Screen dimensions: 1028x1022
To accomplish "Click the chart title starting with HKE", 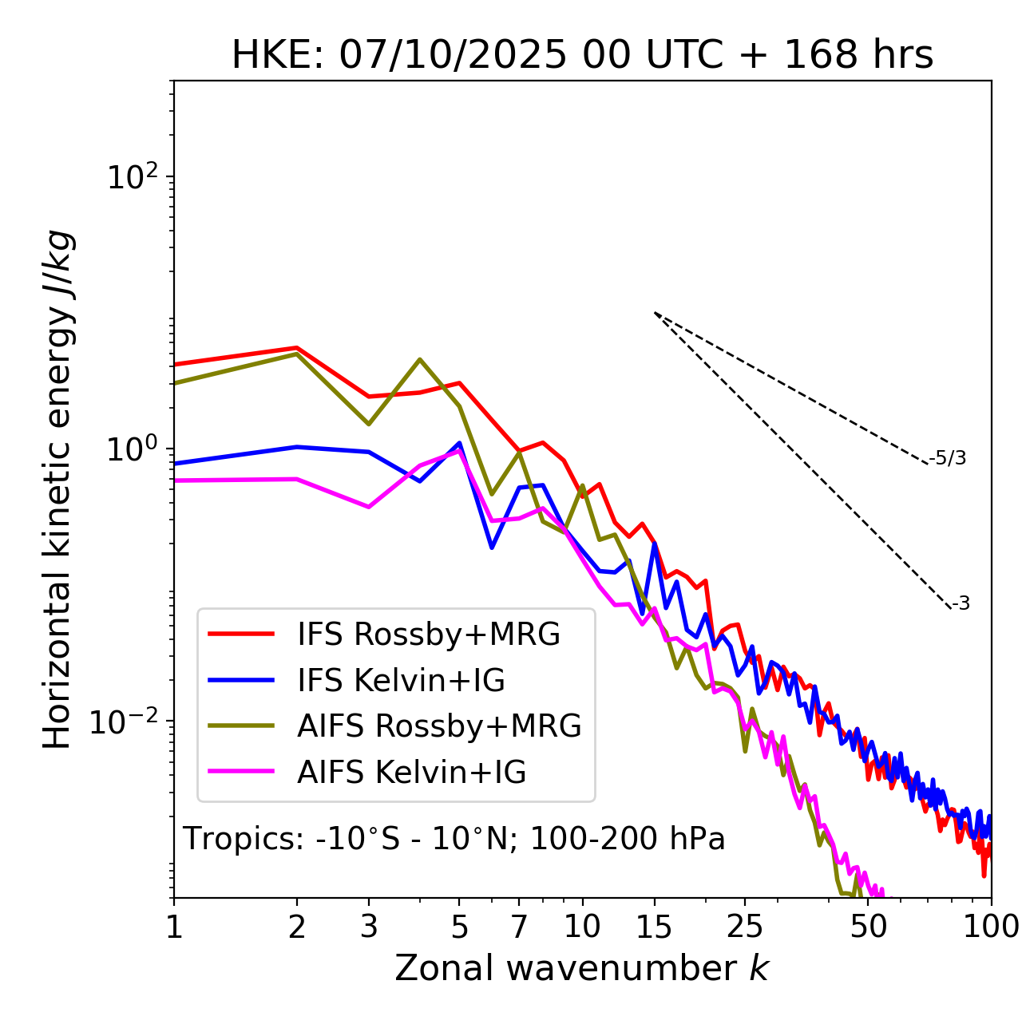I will click(582, 56).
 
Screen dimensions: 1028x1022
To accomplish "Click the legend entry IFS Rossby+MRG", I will click(428, 634).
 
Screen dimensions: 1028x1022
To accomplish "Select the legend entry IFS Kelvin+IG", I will click(401, 680).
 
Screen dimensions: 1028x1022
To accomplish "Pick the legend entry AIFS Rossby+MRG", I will click(438, 726).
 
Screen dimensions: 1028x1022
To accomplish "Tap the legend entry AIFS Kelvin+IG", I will click(411, 773).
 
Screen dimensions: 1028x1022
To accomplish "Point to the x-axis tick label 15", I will click(654, 927).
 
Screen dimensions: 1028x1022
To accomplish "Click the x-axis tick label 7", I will click(519, 927).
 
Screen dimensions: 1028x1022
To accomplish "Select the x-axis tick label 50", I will click(869, 927).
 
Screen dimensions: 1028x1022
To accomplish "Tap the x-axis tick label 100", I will click(991, 927).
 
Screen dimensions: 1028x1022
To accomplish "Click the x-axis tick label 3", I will click(368, 927).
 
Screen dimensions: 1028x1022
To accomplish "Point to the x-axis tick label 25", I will click(745, 927).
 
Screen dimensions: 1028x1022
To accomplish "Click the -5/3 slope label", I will click(948, 458).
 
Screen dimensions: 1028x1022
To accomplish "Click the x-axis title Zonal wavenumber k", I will click(581, 968).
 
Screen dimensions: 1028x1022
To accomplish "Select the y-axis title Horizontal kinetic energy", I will click(58, 489).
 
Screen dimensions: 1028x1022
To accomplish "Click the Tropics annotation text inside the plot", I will click(454, 839).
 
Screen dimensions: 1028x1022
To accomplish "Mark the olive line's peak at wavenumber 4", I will click(420, 359).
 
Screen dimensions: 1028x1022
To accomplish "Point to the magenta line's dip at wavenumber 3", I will click(368, 507).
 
